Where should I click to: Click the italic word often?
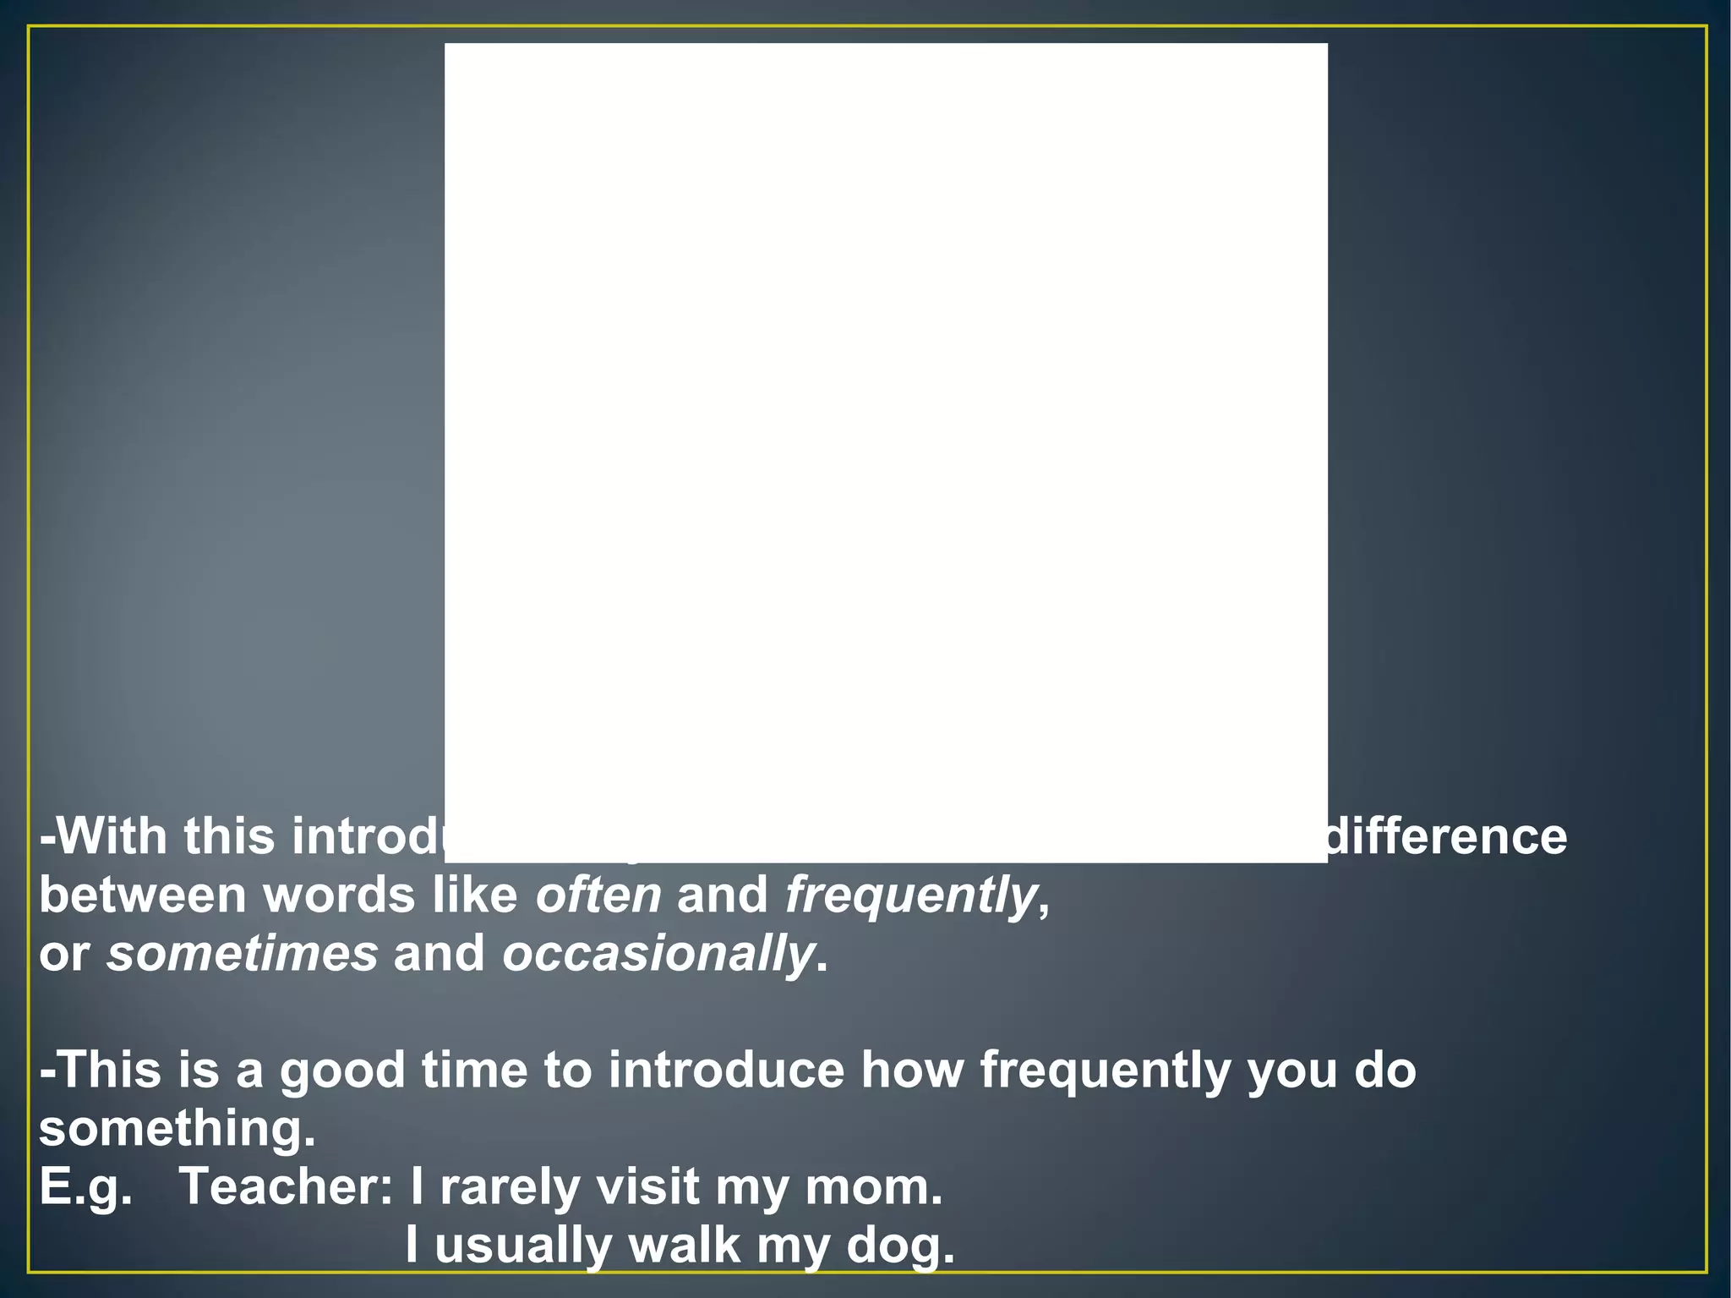(x=598, y=895)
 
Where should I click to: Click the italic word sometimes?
(x=242, y=954)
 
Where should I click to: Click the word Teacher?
(x=287, y=1187)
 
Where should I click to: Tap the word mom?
(x=873, y=1187)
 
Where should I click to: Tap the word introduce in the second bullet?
(x=726, y=1071)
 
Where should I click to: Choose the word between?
(x=143, y=895)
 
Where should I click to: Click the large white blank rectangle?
(x=886, y=423)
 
